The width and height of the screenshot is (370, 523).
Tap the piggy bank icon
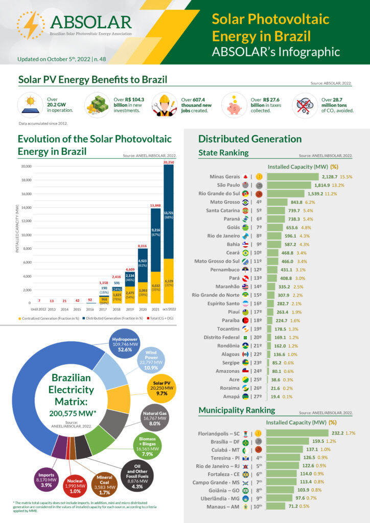tap(236, 105)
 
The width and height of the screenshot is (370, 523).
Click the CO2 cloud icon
tap(306, 105)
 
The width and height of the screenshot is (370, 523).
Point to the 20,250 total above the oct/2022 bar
tap(169, 162)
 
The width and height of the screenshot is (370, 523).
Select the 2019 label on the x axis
tap(129, 310)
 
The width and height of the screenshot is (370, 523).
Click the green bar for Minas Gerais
tap(293, 176)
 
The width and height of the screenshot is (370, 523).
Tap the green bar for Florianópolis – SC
tap(299, 433)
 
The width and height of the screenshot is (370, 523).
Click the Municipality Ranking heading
tap(237, 410)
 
